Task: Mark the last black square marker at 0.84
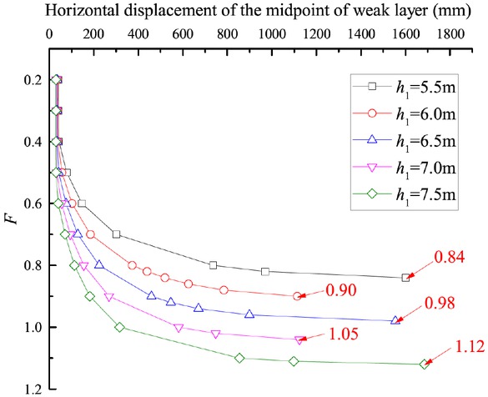click(405, 278)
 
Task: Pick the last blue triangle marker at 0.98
click(395, 319)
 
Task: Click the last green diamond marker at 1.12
click(424, 364)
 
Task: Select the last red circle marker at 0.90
click(298, 296)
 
